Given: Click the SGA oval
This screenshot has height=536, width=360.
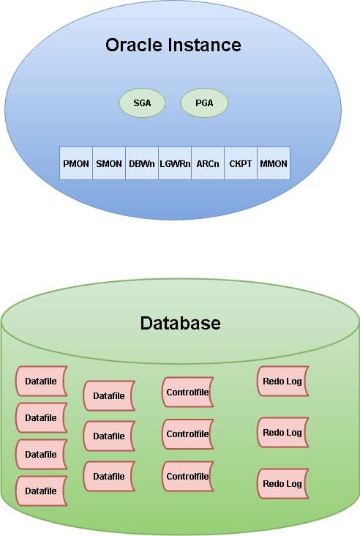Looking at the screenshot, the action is click(142, 103).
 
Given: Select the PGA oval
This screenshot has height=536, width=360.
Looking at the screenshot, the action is click(204, 103).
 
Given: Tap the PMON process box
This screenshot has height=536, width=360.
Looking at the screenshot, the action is click(76, 163).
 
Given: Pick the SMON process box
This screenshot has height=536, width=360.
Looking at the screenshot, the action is click(109, 163).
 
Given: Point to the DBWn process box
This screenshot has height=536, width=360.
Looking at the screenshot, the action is click(142, 163).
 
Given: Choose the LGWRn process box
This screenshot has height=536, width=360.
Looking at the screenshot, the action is click(175, 163).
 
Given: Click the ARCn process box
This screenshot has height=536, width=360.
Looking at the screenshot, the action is click(208, 163).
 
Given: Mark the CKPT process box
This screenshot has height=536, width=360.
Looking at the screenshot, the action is click(241, 163).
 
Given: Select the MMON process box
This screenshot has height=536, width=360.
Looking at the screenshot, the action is click(273, 163).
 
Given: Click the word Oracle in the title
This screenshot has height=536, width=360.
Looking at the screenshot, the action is click(134, 45).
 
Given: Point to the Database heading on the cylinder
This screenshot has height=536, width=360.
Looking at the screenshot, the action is click(180, 323).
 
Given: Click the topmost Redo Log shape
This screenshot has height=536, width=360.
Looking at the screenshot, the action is click(283, 381).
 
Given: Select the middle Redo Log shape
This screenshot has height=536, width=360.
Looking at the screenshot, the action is click(283, 433).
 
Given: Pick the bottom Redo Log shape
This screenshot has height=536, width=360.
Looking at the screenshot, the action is click(283, 484).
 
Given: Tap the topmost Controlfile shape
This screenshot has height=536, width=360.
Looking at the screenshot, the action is click(187, 392).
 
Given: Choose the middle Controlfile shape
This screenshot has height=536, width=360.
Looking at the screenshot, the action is click(187, 434).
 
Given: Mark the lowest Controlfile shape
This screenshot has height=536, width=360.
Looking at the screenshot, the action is click(187, 476).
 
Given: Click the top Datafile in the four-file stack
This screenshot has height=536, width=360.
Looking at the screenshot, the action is click(41, 381).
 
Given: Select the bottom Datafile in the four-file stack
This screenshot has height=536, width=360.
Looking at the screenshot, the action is click(41, 491).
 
